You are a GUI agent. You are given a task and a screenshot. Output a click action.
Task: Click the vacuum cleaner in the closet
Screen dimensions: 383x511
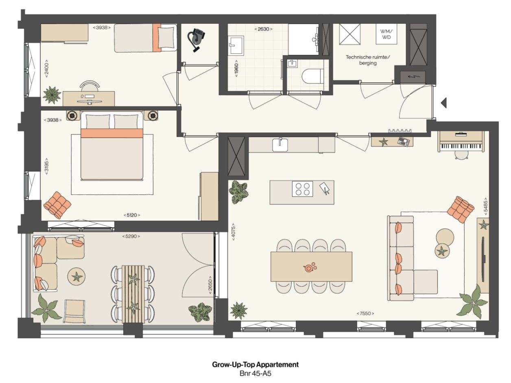click(x=196, y=40)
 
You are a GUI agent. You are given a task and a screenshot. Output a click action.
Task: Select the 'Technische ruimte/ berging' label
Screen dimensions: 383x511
click(x=367, y=60)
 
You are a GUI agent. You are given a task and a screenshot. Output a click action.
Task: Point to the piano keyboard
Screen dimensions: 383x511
click(x=461, y=146)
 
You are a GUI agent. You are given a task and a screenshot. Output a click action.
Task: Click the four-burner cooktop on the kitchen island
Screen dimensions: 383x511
click(x=302, y=189)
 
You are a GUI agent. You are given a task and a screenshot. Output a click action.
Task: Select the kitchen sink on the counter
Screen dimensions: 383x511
click(x=280, y=144)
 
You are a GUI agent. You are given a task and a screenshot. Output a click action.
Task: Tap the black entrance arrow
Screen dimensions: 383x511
click(x=443, y=103)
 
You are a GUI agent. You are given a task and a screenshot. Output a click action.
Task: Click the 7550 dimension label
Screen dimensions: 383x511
click(x=365, y=313)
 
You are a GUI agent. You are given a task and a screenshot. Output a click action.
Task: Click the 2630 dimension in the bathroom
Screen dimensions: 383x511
click(x=263, y=29)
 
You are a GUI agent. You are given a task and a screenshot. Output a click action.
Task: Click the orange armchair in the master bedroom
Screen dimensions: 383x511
click(x=57, y=204)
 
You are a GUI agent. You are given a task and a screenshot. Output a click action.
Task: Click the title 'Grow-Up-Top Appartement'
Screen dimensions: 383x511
click(x=255, y=364)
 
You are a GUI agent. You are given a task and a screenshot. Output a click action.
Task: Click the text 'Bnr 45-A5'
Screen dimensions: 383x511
click(x=255, y=373)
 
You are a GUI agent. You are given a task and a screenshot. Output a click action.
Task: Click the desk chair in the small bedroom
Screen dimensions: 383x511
click(x=90, y=86)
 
